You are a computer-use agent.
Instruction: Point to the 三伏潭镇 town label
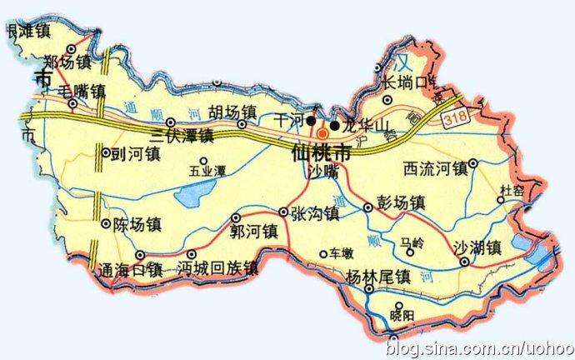click(x=182, y=134)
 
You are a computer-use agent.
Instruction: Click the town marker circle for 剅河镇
click(x=105, y=152)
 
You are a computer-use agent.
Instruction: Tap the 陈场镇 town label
click(x=137, y=224)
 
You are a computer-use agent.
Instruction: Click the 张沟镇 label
click(x=315, y=213)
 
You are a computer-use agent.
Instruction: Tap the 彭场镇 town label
click(x=402, y=203)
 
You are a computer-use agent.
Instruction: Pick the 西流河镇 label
click(x=433, y=167)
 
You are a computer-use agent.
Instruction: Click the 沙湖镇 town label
click(x=477, y=247)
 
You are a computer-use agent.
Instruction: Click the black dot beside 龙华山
click(x=334, y=126)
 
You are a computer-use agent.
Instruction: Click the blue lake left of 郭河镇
click(x=192, y=198)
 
